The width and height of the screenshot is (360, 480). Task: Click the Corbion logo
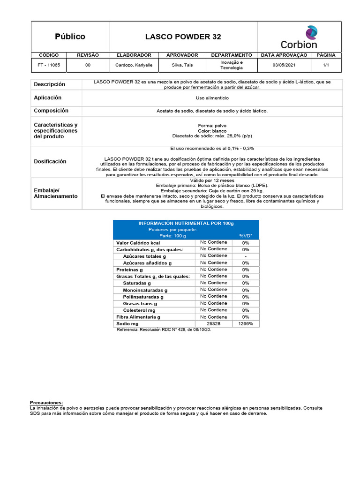(299, 37)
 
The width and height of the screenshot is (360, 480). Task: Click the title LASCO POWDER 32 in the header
(183, 37)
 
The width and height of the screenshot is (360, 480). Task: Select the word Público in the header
(70, 37)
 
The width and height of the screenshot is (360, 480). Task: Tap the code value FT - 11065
(49, 65)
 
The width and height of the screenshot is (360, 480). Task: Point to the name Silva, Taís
(182, 65)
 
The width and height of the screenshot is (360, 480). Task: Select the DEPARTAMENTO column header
(231, 55)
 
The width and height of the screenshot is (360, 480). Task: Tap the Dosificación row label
(50, 161)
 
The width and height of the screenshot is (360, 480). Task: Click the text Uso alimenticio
(212, 98)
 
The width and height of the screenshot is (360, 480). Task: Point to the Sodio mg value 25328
(213, 324)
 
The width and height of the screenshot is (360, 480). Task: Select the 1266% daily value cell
(246, 324)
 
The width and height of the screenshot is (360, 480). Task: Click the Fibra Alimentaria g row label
(138, 317)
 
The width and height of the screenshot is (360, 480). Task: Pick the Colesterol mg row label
(139, 310)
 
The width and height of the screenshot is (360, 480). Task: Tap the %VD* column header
(246, 236)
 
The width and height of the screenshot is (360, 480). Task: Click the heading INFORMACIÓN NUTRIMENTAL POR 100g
(186, 223)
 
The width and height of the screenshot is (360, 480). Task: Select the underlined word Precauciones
(46, 403)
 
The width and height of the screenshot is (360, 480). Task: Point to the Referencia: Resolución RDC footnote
(164, 330)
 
